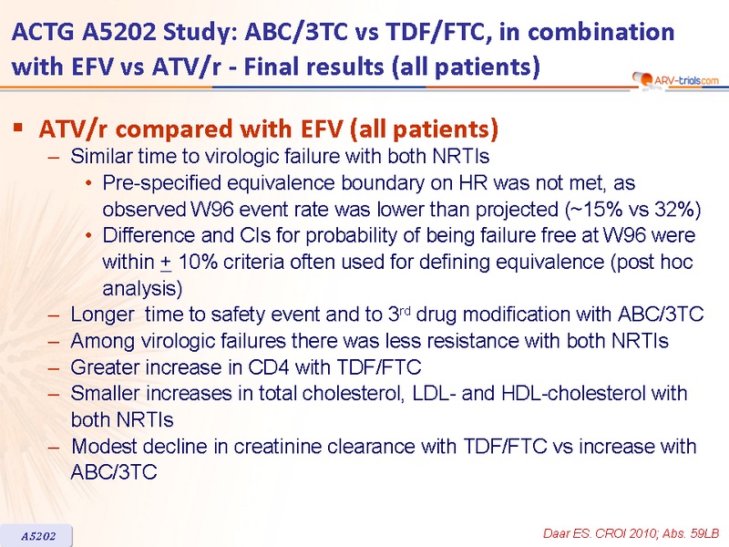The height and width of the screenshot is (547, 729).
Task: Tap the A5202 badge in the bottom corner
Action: click(x=37, y=536)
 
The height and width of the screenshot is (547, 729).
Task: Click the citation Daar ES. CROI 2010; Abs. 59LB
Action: click(x=631, y=533)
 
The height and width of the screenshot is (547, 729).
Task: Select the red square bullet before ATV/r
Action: click(x=18, y=127)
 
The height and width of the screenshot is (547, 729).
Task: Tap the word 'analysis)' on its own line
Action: click(x=142, y=289)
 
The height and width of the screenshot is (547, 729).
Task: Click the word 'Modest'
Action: click(x=104, y=446)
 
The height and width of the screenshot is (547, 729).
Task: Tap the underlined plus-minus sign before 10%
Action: click(x=166, y=263)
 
